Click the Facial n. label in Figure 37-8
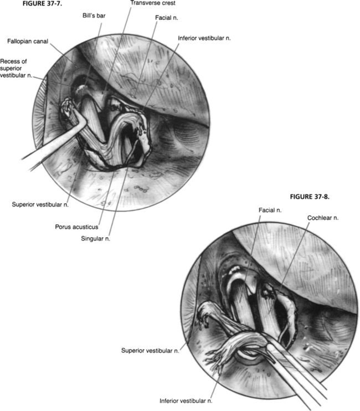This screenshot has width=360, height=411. [x=270, y=210]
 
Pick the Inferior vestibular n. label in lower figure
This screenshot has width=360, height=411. [x=185, y=400]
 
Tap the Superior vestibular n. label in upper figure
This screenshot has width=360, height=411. [x=40, y=204]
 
